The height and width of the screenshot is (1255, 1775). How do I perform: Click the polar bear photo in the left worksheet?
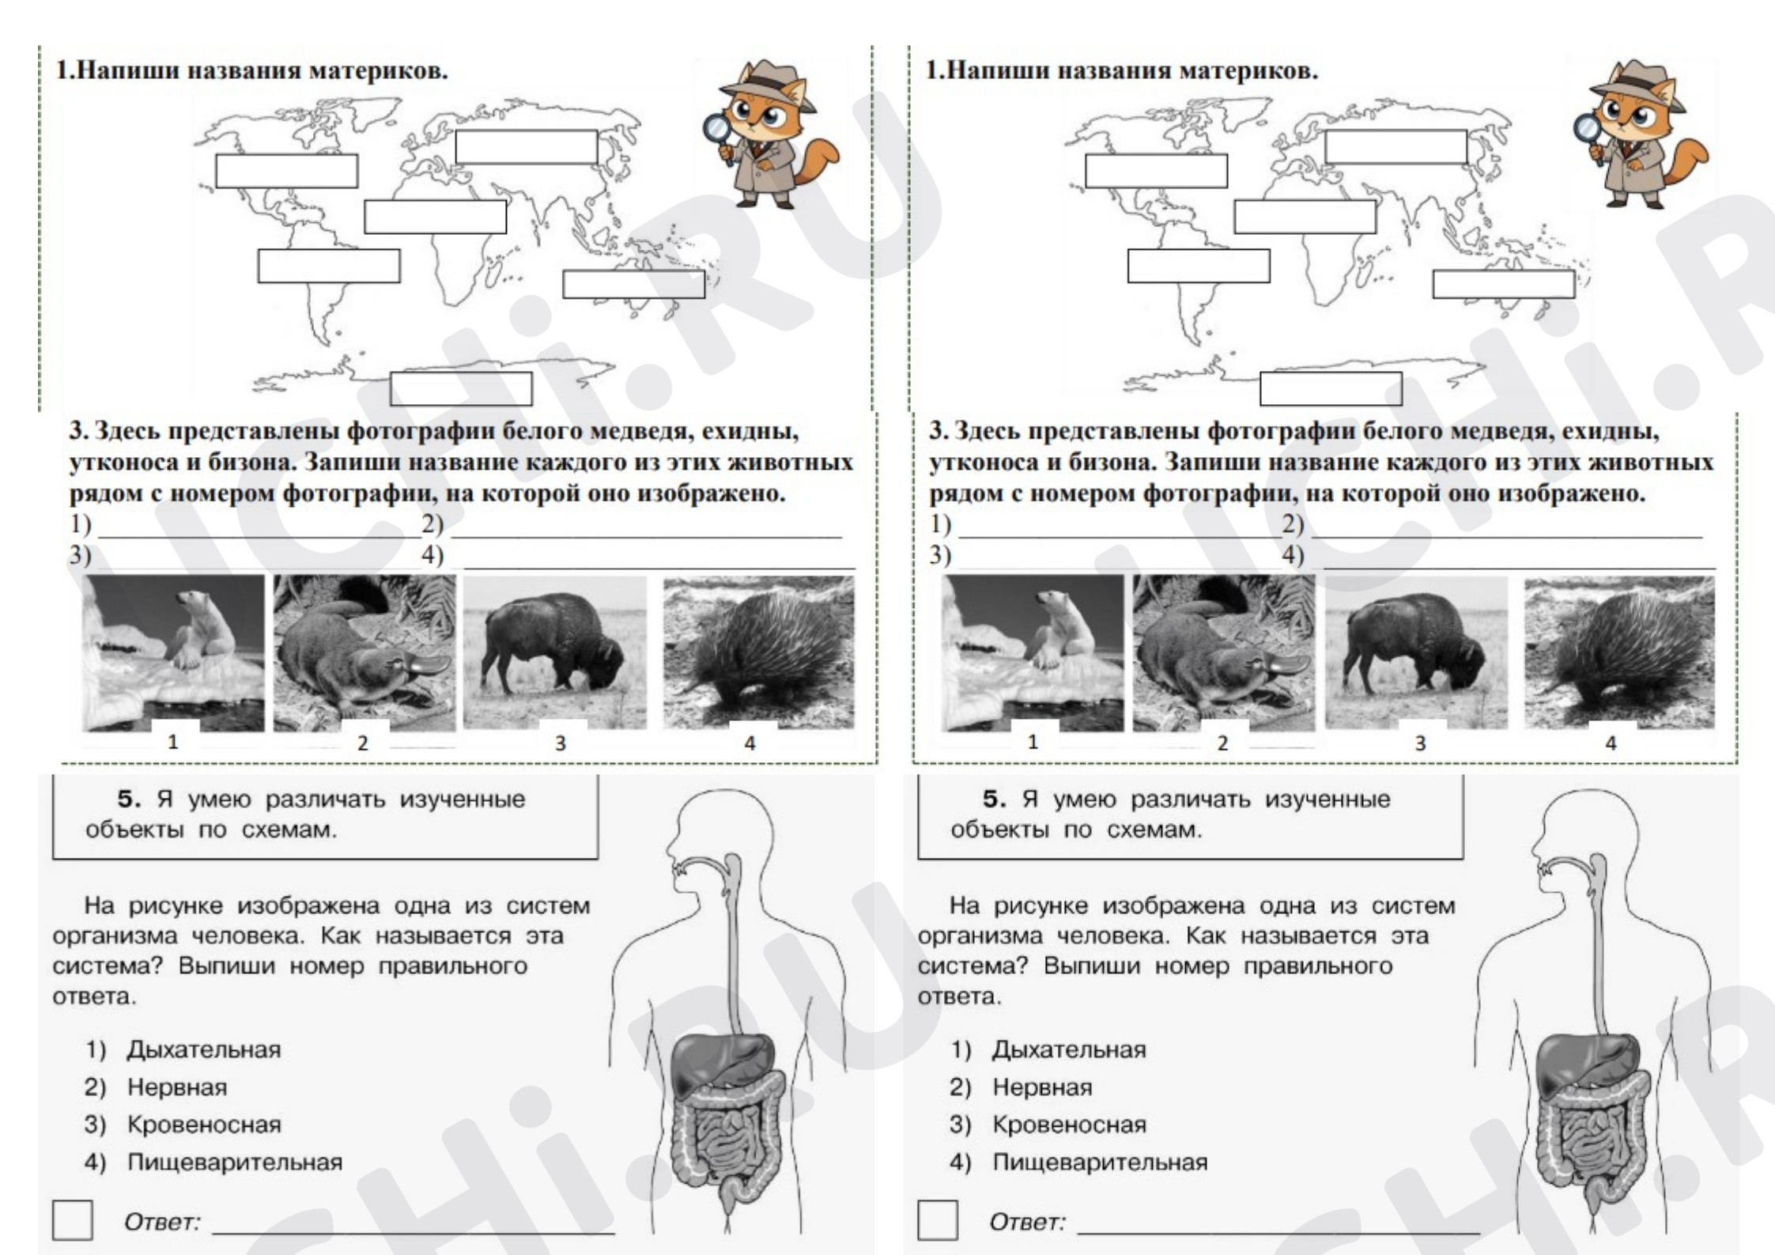173,653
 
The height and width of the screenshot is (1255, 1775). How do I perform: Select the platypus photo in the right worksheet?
1223,653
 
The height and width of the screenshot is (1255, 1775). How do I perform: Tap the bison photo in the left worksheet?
554,653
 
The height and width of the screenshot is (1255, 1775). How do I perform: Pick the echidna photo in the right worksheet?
1619,653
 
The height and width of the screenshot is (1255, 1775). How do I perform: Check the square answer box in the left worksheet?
72,1220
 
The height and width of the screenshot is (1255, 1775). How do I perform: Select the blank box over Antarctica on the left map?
461,388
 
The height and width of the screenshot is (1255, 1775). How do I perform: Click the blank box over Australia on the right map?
1504,284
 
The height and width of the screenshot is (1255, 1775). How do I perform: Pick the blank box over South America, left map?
329,266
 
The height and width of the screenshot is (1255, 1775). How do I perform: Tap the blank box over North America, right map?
1156,171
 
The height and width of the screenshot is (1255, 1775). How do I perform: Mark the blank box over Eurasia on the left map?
527,147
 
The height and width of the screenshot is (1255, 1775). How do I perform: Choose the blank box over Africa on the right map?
1305,217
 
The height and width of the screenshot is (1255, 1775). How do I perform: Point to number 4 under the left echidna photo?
750,743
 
